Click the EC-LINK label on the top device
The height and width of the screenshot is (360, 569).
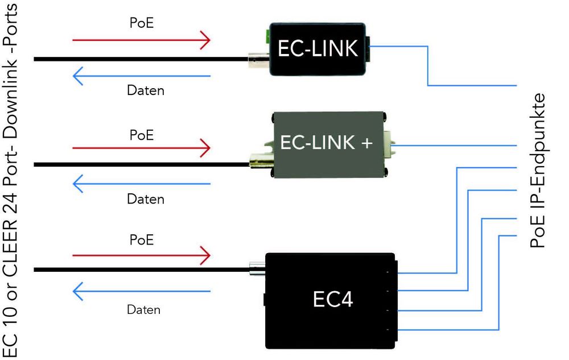coord(318,49)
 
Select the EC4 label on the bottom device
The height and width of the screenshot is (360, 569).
coord(333,300)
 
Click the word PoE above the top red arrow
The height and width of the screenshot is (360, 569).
coord(142,25)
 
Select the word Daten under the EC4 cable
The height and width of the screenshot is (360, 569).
coord(143,310)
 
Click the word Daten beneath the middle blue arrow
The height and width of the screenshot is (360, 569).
coord(145,200)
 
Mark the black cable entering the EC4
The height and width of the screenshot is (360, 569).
coord(142,269)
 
